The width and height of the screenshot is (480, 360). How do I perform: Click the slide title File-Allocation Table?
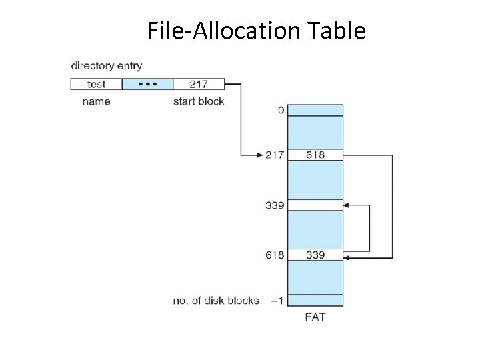256,30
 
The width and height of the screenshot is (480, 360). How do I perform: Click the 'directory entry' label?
106,66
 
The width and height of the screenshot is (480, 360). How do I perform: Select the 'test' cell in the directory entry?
96,84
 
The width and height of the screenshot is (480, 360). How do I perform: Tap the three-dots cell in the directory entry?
147,84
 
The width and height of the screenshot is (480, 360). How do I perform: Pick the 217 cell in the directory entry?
198,84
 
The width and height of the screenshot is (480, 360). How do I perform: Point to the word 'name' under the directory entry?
96,101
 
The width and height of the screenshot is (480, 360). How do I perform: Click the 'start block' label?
199,101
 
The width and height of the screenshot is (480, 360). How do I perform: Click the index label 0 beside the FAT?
281,110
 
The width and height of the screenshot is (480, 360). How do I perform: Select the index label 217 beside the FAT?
275,155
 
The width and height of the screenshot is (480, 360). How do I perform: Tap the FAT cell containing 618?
315,155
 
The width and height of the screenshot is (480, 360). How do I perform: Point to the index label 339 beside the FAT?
275,205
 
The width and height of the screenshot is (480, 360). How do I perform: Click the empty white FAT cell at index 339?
315,205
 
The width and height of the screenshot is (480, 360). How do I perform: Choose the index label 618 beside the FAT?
275,255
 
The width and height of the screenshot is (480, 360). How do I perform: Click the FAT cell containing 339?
315,255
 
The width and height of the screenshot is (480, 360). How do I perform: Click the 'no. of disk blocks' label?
216,301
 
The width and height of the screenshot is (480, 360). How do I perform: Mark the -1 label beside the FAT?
277,301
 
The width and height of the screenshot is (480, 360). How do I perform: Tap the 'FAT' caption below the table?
315,317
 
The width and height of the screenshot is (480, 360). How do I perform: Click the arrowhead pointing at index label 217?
261,155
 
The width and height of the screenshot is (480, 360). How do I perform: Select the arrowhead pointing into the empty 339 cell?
347,205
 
